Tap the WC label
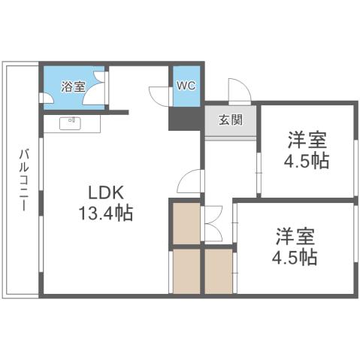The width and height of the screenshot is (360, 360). tap(185, 85)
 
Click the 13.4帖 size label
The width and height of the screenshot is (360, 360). tap(106, 213)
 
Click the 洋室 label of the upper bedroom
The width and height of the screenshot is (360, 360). tap(307, 140)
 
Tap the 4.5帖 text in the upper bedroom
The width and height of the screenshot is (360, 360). tap(307, 162)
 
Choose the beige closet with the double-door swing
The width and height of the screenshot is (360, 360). tap(186, 224)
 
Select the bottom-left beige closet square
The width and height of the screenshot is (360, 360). tap(186, 271)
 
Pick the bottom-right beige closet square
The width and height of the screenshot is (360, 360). tap(219, 271)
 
